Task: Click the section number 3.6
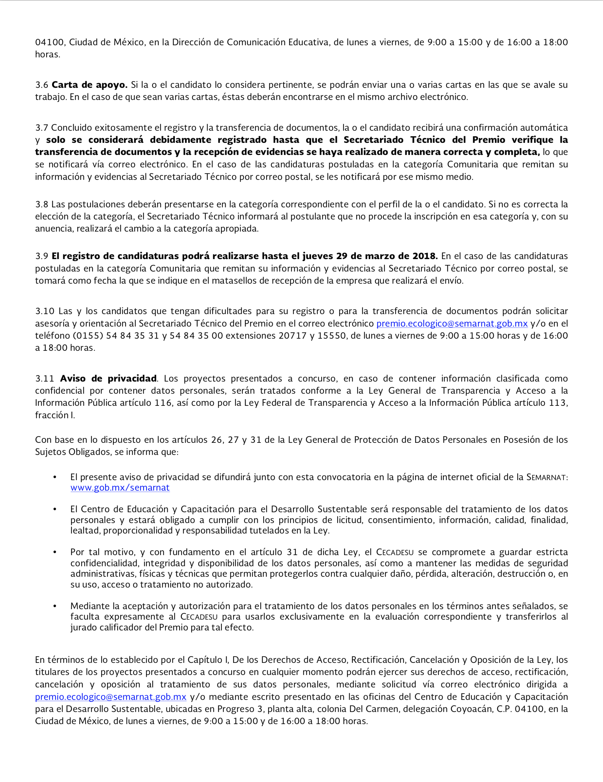point(42,85)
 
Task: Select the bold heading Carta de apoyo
point(89,85)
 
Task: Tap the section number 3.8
point(42,204)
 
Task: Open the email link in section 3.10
point(452,323)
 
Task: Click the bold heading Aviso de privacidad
point(108,379)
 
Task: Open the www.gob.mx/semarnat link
point(120,488)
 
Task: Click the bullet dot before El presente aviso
point(55,477)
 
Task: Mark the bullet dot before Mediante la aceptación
point(55,606)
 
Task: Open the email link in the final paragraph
point(111,697)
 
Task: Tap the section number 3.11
point(45,379)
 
